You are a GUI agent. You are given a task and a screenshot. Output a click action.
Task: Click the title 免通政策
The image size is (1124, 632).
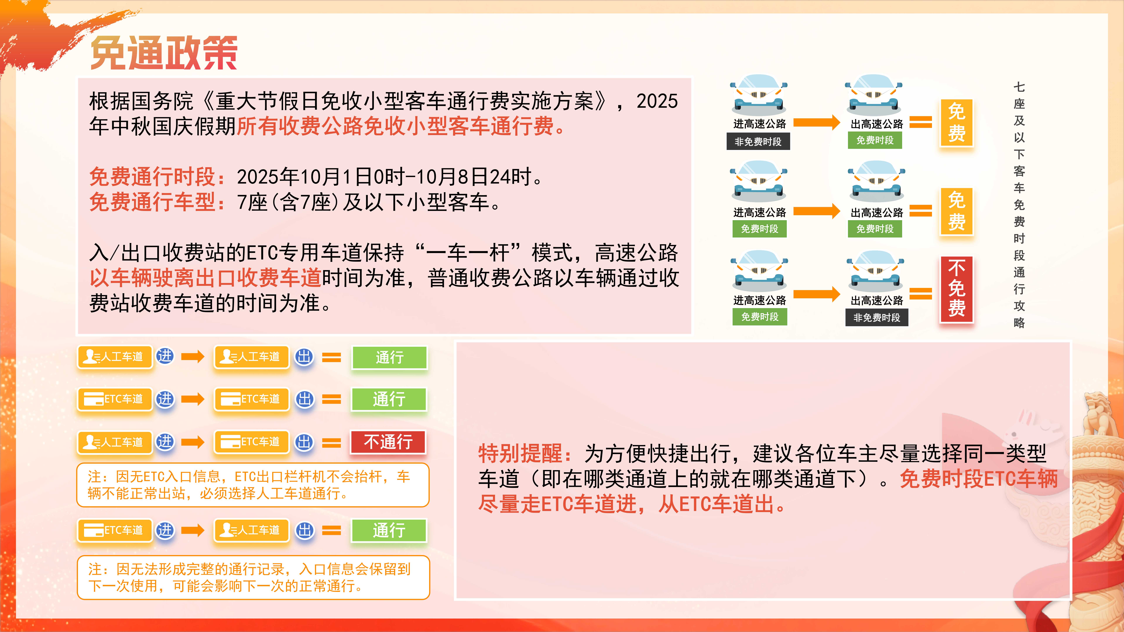(164, 53)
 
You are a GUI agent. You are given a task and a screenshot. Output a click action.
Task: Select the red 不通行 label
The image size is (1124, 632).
(388, 442)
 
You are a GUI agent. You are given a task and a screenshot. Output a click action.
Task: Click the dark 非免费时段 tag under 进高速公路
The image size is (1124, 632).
(758, 142)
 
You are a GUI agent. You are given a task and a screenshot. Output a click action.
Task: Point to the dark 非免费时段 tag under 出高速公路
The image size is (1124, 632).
(877, 317)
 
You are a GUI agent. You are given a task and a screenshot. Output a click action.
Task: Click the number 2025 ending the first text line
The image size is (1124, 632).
(657, 101)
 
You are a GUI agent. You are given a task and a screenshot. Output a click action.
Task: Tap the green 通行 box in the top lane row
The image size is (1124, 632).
(389, 357)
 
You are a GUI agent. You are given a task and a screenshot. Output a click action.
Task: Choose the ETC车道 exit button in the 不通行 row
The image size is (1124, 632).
(251, 442)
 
